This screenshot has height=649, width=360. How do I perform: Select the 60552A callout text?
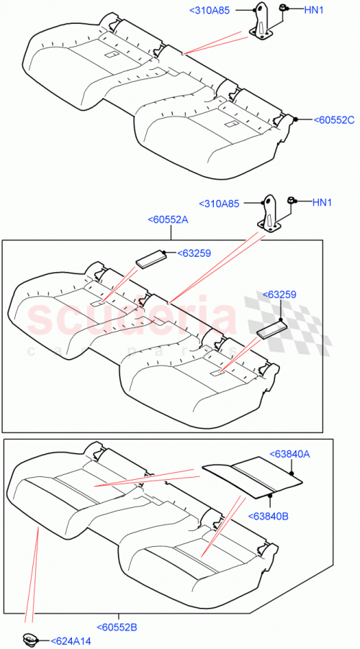(168, 220)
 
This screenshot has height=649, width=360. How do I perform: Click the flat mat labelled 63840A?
(252, 475)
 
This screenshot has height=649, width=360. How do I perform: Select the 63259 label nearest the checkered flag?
(280, 295)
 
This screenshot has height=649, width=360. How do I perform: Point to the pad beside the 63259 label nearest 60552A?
(151, 258)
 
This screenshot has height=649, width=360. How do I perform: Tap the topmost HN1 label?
(314, 10)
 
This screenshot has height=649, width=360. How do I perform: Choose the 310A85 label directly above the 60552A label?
(218, 204)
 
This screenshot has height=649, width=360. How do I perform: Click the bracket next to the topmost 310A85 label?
(262, 22)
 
